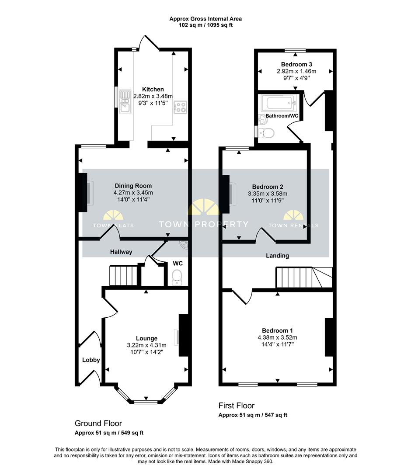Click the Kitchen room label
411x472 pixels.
(153, 90)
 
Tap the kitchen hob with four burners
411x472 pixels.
(181, 107)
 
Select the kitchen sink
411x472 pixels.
(125, 101)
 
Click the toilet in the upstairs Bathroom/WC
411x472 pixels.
(266, 133)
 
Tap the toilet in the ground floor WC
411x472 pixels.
(177, 277)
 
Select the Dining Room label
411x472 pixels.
(133, 186)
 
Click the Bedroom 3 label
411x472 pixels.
(296, 64)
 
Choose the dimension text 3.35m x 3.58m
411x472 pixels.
(268, 194)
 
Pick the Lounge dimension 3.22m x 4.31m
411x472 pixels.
(146, 345)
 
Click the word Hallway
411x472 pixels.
(121, 252)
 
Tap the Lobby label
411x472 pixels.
(91, 360)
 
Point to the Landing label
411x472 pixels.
(277, 256)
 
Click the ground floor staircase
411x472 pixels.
(123, 275)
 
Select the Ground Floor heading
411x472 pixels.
(98, 423)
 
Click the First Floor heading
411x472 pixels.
(237, 406)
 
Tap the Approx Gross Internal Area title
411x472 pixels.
(205, 19)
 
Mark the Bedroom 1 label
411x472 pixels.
(277, 331)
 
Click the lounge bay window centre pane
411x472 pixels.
(146, 402)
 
